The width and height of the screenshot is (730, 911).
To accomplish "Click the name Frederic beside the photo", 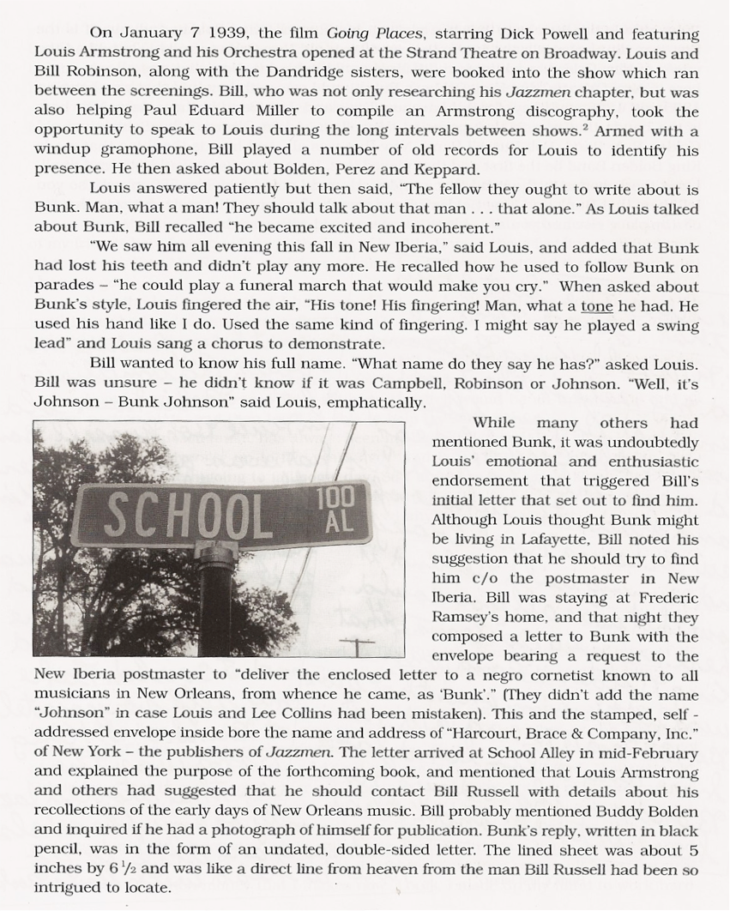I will coord(669,597).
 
